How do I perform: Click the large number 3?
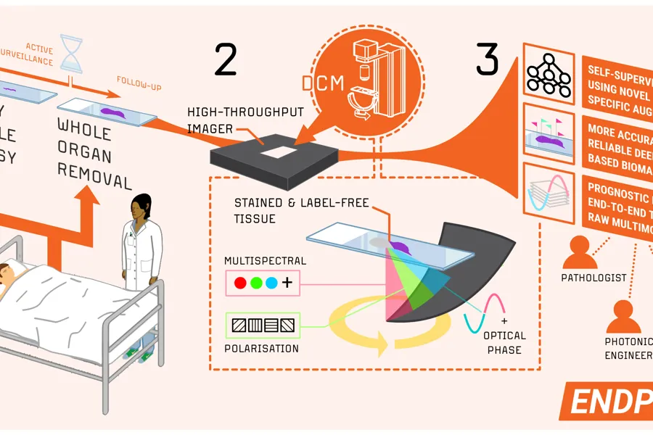pyautogui.click(x=488, y=60)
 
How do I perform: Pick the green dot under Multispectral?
pyautogui.click(x=256, y=283)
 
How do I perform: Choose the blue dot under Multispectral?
pyautogui.click(x=271, y=283)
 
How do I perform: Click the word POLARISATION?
pyautogui.click(x=260, y=348)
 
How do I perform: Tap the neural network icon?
pyautogui.click(x=549, y=74)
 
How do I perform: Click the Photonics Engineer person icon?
pyautogui.click(x=623, y=316)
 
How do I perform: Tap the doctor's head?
pyautogui.click(x=141, y=208)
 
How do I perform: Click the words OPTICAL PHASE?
pyautogui.click(x=504, y=343)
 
